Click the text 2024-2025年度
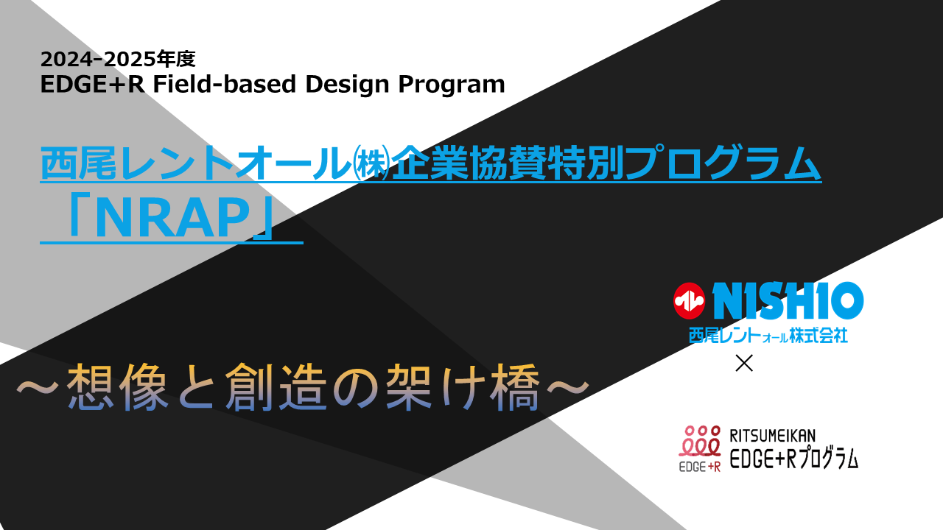[x=118, y=59]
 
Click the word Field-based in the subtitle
[x=225, y=84]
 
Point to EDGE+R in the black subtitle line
[x=93, y=84]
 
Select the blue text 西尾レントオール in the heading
[x=196, y=163]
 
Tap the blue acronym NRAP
[x=172, y=219]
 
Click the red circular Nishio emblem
[x=689, y=300]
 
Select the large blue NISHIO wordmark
[x=788, y=300]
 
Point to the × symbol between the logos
[x=744, y=364]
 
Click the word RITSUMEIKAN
[x=773, y=436]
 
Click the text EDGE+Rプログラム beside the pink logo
[x=793, y=459]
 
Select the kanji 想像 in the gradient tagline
[x=118, y=387]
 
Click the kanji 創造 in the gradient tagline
[x=276, y=387]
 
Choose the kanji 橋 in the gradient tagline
[x=515, y=387]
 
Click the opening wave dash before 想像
[x=37, y=387]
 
